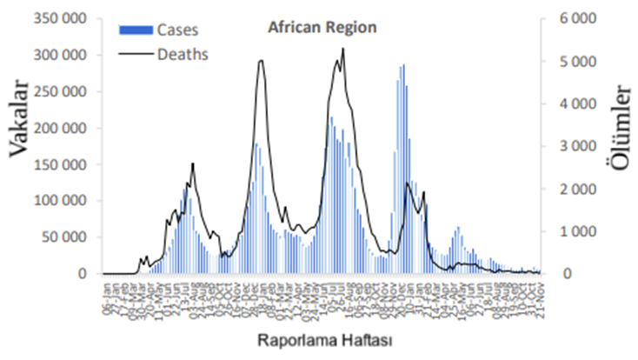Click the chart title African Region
322,27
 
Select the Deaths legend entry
182,54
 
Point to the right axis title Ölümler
620,123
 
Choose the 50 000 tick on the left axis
65,237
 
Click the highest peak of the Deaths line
343,49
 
